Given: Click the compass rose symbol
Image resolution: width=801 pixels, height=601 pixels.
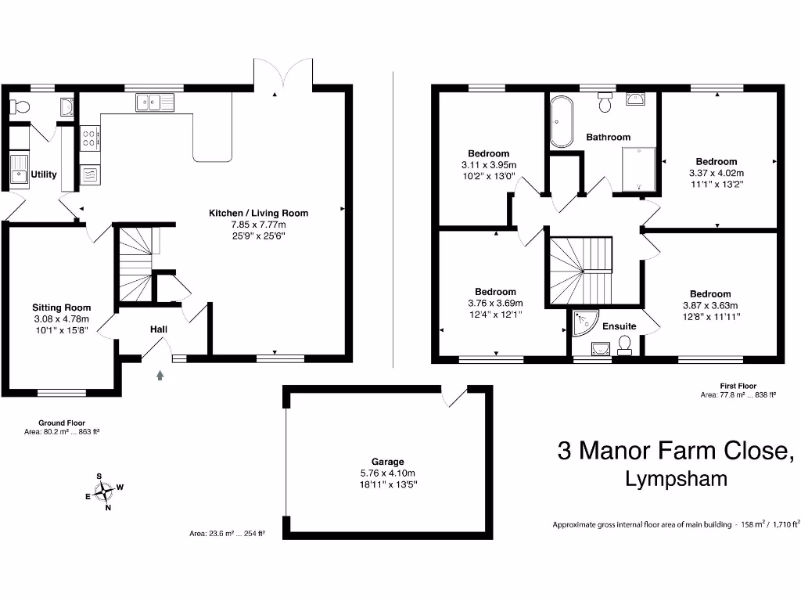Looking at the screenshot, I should tap(102, 491).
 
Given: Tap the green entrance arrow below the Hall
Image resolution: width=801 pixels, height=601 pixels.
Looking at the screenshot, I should tap(161, 376).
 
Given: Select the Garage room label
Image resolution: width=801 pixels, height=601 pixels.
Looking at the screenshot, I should tap(388, 462).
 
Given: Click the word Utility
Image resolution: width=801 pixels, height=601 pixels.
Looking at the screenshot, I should tap(44, 175).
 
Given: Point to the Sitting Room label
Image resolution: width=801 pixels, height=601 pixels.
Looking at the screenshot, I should tap(61, 308).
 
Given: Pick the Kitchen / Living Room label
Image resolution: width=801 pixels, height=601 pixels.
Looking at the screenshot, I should tap(258, 213).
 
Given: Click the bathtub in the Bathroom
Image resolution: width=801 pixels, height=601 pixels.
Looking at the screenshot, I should tap(560, 122).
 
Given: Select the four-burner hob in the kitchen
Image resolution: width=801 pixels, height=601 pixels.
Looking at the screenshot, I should tap(90, 139).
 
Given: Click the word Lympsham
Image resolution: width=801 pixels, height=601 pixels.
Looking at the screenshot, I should tap(676, 480).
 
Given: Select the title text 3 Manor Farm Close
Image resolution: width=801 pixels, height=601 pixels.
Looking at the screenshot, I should tap(676, 451).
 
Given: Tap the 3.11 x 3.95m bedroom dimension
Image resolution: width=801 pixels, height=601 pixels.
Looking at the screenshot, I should tap(488, 165).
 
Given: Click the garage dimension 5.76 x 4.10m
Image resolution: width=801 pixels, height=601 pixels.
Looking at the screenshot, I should tap(388, 473).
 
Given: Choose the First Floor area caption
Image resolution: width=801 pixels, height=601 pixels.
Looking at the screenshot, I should tap(738, 390).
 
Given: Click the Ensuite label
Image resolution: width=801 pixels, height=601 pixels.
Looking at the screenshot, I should tap(620, 326).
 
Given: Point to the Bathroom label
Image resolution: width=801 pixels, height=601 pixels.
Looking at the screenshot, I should tap(608, 137).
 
